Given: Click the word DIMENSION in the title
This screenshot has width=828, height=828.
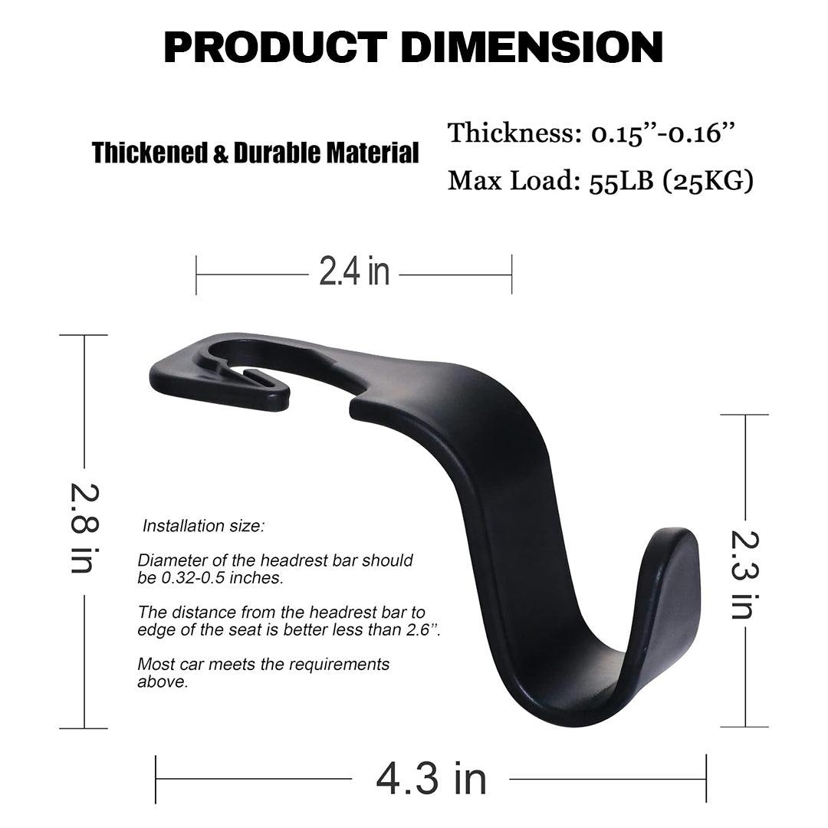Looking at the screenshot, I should [532, 48].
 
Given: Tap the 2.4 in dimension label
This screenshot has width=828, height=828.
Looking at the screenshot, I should [354, 272].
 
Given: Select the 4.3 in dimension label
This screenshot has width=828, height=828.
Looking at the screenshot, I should [431, 779].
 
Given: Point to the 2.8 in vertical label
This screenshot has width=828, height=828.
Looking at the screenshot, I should [82, 527].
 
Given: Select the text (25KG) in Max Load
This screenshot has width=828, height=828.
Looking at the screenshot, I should [714, 182].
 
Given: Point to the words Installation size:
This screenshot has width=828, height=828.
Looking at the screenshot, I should [203, 527].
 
